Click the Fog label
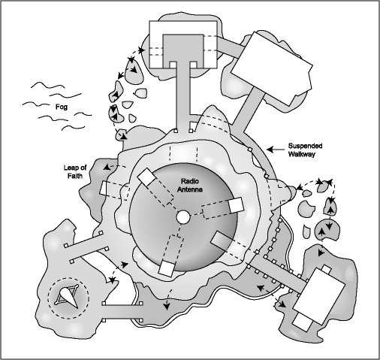pyautogui.click(x=62, y=107)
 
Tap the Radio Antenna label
pyautogui.click(x=190, y=185)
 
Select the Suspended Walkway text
pyautogui.click(x=305, y=150)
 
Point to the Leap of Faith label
pyautogui.click(x=75, y=171)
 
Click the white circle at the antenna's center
pyautogui.click(x=183, y=217)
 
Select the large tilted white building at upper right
pyautogui.click(x=272, y=68)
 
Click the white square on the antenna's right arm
pyautogui.click(x=236, y=204)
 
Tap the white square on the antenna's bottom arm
pyautogui.click(x=167, y=268)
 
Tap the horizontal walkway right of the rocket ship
pyautogui.click(x=122, y=312)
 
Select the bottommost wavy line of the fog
pyautogui.click(x=74, y=128)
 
